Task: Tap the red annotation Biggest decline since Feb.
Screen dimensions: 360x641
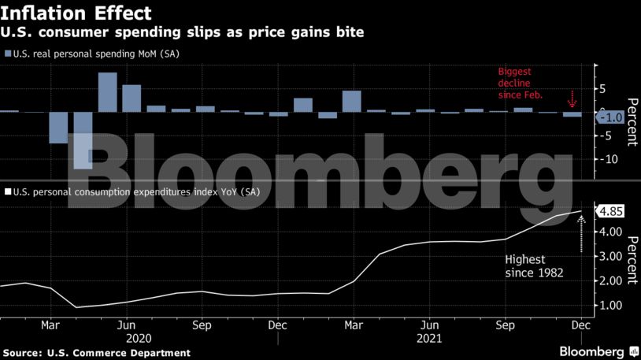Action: point(520,83)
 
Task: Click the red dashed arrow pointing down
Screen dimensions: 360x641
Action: point(572,100)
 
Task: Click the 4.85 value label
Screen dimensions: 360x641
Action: point(611,211)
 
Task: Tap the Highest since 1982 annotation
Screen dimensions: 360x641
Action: point(536,265)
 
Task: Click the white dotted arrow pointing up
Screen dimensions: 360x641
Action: point(581,233)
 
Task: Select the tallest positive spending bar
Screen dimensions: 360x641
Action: point(107,91)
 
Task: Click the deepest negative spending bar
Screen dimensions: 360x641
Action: point(83,141)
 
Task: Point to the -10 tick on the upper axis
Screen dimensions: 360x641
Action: point(610,159)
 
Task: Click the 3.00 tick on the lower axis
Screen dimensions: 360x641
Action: point(610,256)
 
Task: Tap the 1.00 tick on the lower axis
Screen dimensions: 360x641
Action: point(610,305)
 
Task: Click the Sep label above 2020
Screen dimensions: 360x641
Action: point(202,324)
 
